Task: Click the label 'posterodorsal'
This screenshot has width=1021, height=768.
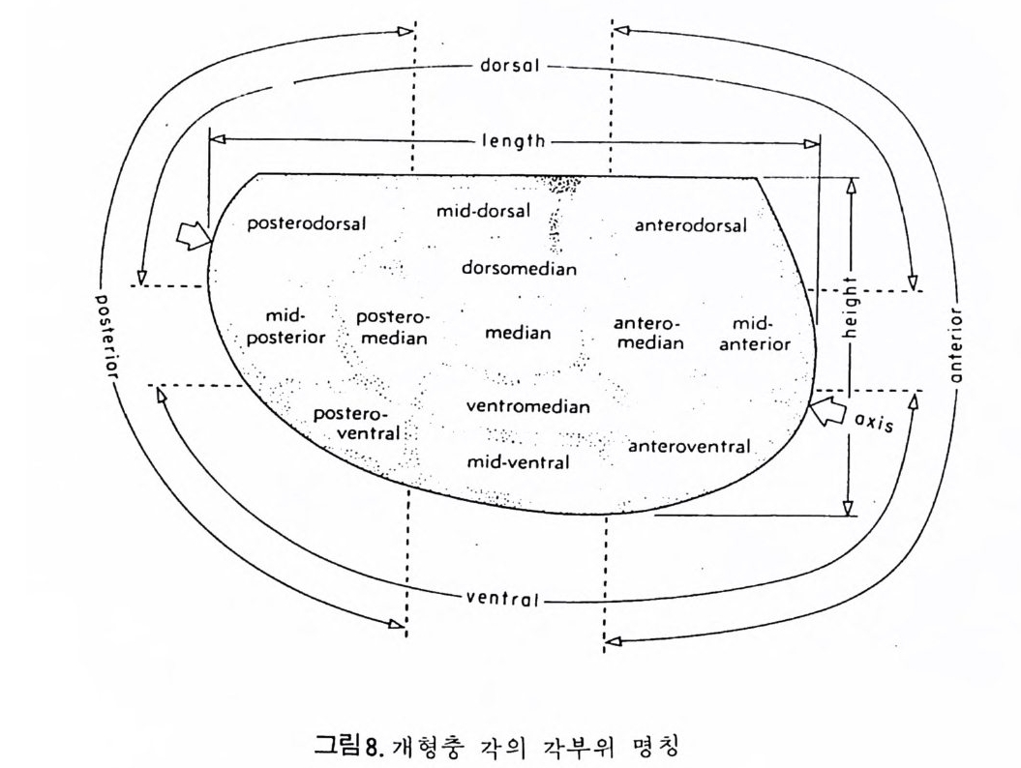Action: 306,223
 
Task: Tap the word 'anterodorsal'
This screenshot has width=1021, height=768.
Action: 691,226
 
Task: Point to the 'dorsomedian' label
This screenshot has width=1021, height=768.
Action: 519,268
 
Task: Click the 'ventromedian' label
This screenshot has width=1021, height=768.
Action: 527,406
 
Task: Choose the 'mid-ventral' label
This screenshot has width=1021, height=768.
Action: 518,462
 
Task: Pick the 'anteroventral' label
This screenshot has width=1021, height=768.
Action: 689,446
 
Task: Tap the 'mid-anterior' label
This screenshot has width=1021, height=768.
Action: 761,333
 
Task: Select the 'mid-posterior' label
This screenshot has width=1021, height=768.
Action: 285,327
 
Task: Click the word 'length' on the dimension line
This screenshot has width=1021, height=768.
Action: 514,141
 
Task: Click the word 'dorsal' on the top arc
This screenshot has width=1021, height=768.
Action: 509,67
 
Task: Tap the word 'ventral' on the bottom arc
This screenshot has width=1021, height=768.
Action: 501,597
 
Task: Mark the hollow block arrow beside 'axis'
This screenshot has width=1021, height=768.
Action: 826,411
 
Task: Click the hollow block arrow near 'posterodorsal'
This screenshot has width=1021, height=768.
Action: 195,233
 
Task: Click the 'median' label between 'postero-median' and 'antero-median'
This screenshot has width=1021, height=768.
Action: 518,334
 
